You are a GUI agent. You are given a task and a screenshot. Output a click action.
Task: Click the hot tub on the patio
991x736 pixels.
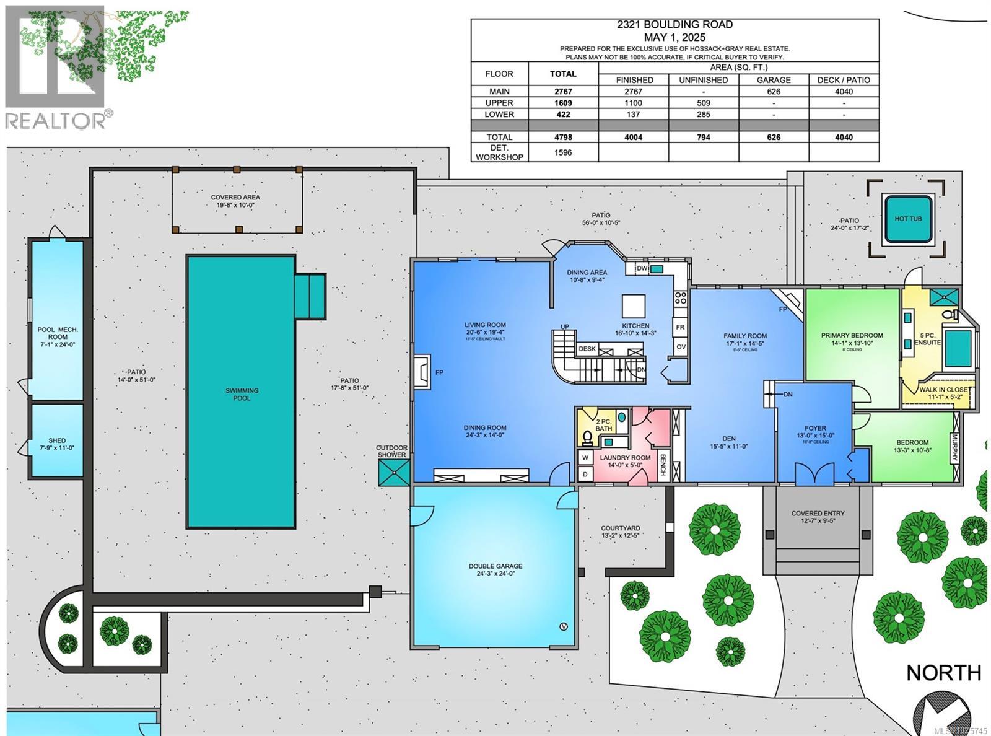pyautogui.click(x=908, y=219)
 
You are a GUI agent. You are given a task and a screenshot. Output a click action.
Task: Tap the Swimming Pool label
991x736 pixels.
pyautogui.click(x=242, y=394)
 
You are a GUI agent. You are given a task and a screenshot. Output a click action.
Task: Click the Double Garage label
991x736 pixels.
pyautogui.click(x=495, y=569)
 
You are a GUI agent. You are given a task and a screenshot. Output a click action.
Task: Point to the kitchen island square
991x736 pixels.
pyautogui.click(x=634, y=306)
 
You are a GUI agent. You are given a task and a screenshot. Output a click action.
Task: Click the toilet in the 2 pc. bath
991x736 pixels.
pyautogui.click(x=587, y=439)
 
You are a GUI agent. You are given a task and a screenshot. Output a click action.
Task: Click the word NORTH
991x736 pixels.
pyautogui.click(x=943, y=672)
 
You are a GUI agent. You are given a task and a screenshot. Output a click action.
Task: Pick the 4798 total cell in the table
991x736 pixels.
pyautogui.click(x=562, y=137)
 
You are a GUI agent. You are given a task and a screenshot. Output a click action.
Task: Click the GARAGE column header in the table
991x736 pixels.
pyautogui.click(x=774, y=80)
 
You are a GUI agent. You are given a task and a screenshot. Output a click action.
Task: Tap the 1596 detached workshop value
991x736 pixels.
pyautogui.click(x=562, y=152)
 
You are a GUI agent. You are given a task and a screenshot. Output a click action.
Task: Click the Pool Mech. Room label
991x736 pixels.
pyautogui.click(x=57, y=336)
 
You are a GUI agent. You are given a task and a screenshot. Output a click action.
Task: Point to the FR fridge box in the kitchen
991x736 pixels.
pyautogui.click(x=680, y=327)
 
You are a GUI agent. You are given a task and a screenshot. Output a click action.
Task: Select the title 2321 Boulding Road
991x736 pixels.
pyautogui.click(x=674, y=25)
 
